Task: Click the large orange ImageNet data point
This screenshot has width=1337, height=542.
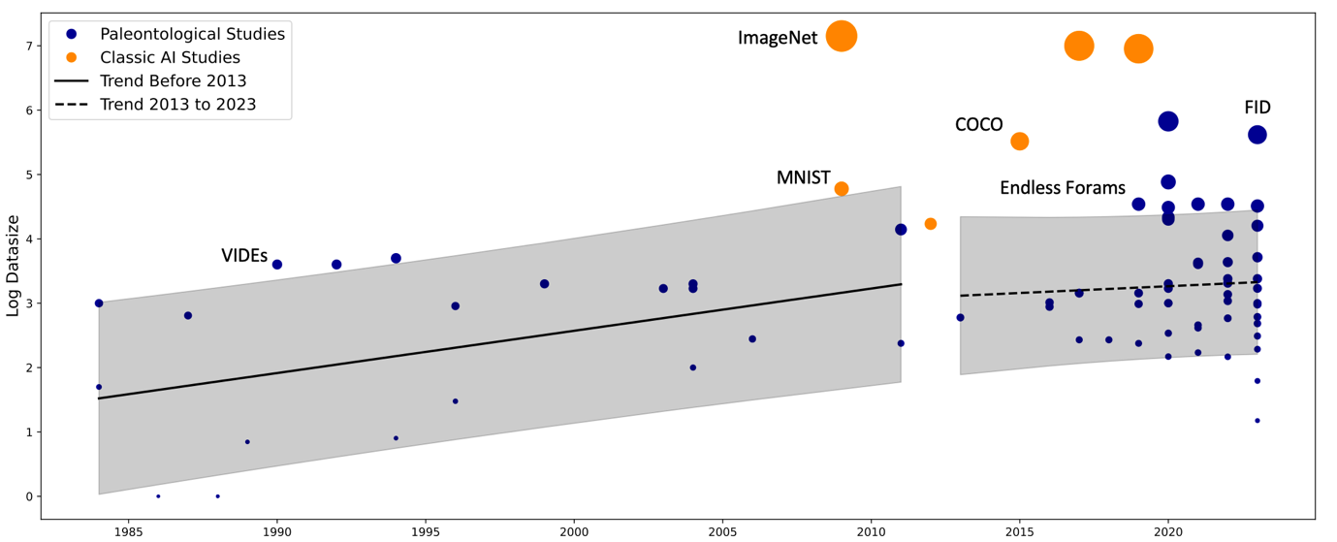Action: click(x=842, y=36)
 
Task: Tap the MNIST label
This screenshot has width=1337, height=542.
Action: click(x=803, y=178)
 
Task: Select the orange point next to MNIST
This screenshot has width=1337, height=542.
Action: click(x=842, y=188)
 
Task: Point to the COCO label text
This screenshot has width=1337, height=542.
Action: click(x=978, y=125)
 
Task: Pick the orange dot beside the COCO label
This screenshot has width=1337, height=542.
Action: click(x=1019, y=141)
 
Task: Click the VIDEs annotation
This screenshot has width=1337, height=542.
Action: click(x=244, y=256)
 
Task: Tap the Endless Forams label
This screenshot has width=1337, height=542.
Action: click(x=1063, y=188)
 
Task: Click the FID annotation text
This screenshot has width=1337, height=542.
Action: click(x=1257, y=108)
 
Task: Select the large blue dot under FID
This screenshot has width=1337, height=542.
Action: click(x=1257, y=135)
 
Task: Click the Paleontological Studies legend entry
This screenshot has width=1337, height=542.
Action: click(x=192, y=34)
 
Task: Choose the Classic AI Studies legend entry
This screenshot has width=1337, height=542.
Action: click(x=170, y=57)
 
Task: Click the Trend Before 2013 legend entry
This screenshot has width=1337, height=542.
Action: click(x=173, y=80)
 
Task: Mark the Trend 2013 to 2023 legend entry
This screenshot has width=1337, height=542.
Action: click(x=177, y=104)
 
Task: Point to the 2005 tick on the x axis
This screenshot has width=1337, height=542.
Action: click(x=722, y=530)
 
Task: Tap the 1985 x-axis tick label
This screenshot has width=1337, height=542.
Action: click(x=129, y=530)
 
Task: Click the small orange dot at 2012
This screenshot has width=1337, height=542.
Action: click(x=931, y=224)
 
